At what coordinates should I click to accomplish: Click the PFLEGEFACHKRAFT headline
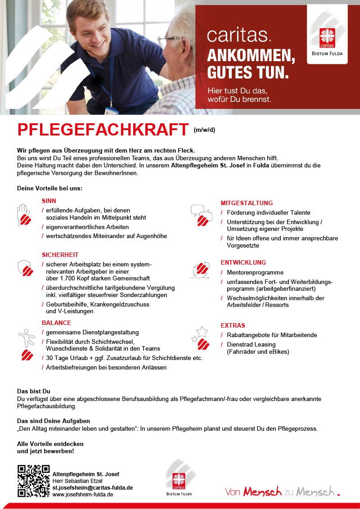pyautogui.click(x=103, y=130)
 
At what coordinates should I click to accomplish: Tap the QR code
pyautogui.click(x=33, y=481)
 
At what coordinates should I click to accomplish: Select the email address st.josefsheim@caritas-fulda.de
pyautogui.click(x=93, y=487)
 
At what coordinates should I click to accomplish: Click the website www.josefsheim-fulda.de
pyautogui.click(x=83, y=494)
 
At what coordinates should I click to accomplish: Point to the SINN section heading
pyautogui.click(x=49, y=201)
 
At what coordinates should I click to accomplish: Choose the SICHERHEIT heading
pyautogui.click(x=60, y=255)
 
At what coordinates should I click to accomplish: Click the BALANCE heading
pyautogui.click(x=56, y=323)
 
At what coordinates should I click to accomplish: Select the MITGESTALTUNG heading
pyautogui.click(x=247, y=203)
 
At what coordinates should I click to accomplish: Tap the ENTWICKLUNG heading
pyautogui.click(x=243, y=262)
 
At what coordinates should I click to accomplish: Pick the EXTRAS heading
pyautogui.click(x=233, y=325)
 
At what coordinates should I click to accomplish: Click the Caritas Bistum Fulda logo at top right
pyautogui.click(x=327, y=34)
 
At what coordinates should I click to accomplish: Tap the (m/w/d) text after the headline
pyautogui.click(x=205, y=131)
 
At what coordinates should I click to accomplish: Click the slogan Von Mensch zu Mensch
pyautogui.click(x=282, y=491)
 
